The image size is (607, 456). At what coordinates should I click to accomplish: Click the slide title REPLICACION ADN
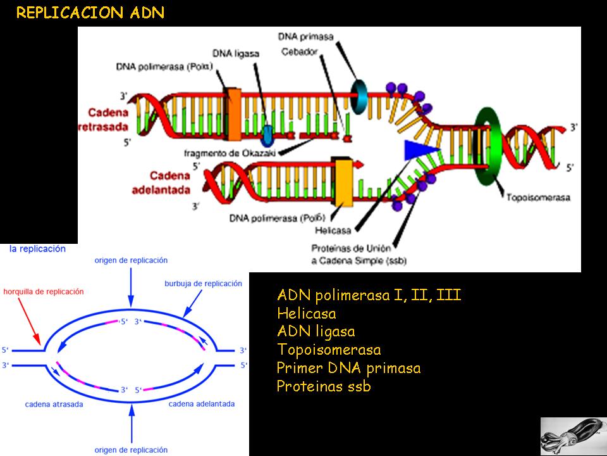pyautogui.click(x=90, y=13)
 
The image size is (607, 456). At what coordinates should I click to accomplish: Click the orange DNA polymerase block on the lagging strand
pyautogui.click(x=234, y=114)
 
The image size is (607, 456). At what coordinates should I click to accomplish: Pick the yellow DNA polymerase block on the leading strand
pyautogui.click(x=343, y=182)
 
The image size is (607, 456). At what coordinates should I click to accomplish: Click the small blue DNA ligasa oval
pyautogui.click(x=267, y=134)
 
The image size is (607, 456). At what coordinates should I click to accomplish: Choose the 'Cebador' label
pyautogui.click(x=298, y=51)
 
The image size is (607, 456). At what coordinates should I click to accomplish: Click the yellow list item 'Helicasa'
pyautogui.click(x=307, y=313)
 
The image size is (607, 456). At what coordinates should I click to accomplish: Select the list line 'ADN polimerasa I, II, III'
pyautogui.click(x=369, y=295)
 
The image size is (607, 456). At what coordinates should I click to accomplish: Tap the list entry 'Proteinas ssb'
pyautogui.click(x=324, y=386)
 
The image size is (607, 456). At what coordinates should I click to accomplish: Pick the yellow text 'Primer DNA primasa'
pyautogui.click(x=348, y=368)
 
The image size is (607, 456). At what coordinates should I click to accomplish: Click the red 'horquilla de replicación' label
pyautogui.click(x=44, y=291)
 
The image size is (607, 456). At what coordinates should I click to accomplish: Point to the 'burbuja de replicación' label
pyautogui.click(x=203, y=284)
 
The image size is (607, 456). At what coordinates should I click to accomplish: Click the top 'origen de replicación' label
pyautogui.click(x=131, y=260)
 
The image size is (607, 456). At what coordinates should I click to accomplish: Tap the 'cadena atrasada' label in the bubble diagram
pyautogui.click(x=54, y=403)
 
